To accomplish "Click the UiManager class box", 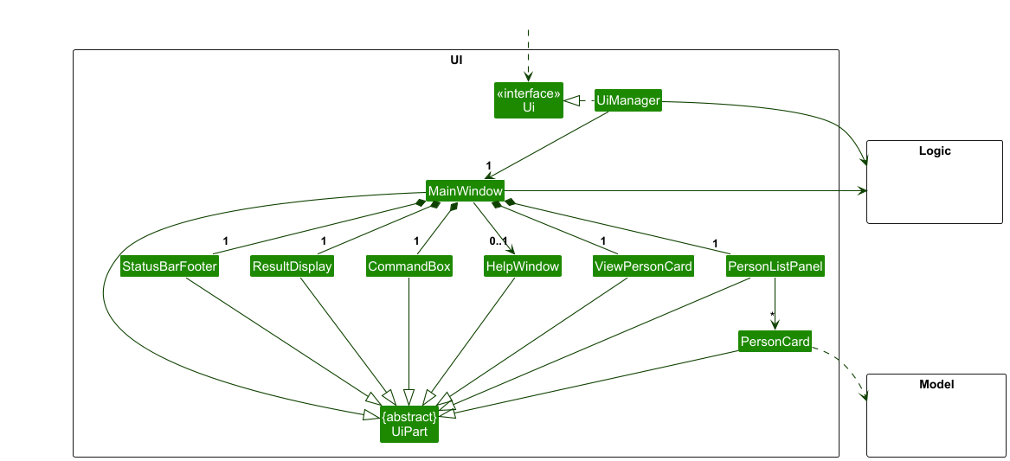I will tap(628, 101).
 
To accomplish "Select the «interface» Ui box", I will tap(529, 100).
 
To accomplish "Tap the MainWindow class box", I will tap(465, 190).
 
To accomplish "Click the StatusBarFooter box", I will tap(170, 266).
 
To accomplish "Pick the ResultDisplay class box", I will tap(292, 266).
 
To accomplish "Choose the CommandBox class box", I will tap(409, 266).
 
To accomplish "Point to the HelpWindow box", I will tap(522, 266).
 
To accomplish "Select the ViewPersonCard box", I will tap(643, 266).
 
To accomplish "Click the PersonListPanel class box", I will tap(775, 266).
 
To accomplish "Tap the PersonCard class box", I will tap(775, 342).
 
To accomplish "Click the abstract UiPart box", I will tap(409, 424).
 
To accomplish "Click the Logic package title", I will tap(935, 151).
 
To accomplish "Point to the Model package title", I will tap(936, 384).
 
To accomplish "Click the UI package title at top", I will tap(456, 60).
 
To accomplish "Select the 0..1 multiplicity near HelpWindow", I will tap(497, 241).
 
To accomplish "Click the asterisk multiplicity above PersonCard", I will tap(772, 316).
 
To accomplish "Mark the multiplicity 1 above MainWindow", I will tap(488, 165).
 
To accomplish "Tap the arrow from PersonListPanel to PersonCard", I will tap(775, 303).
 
